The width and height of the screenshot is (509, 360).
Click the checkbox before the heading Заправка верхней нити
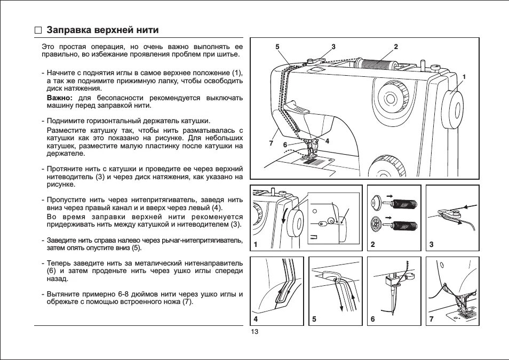(38, 30)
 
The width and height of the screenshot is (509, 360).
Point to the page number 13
(254, 332)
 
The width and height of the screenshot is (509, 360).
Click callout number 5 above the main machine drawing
(277, 46)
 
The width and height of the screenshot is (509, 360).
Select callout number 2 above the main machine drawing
(396, 46)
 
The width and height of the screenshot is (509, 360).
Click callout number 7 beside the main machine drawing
(271, 143)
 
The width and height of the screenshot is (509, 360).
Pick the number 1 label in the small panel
(256, 244)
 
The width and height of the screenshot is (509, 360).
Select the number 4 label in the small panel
(256, 319)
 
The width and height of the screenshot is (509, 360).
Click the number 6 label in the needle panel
(373, 319)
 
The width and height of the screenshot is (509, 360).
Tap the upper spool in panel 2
(404, 203)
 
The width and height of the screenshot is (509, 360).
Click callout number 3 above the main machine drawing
(333, 46)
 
